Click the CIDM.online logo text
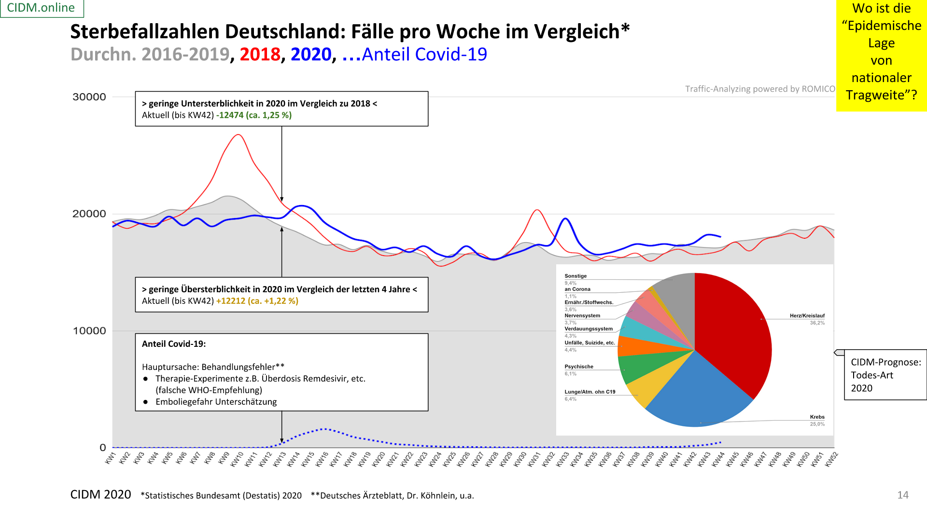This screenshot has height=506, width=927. (41, 8)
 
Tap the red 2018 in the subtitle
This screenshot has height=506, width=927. (260, 55)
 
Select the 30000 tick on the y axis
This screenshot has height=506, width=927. (89, 97)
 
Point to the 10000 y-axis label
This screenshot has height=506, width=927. (89, 331)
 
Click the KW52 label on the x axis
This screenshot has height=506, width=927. (831, 459)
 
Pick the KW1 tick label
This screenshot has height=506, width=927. (111, 458)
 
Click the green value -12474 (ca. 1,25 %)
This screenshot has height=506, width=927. (254, 115)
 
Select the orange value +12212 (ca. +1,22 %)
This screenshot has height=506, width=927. (257, 301)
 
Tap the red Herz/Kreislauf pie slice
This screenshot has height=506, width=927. (734, 328)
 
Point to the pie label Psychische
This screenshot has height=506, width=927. (579, 367)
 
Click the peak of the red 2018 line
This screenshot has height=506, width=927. (238, 135)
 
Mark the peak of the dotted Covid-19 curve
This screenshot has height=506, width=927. (324, 428)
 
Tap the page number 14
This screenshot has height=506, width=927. (903, 495)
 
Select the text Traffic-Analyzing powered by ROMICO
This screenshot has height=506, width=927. (760, 89)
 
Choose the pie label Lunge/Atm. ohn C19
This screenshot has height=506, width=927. (590, 392)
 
